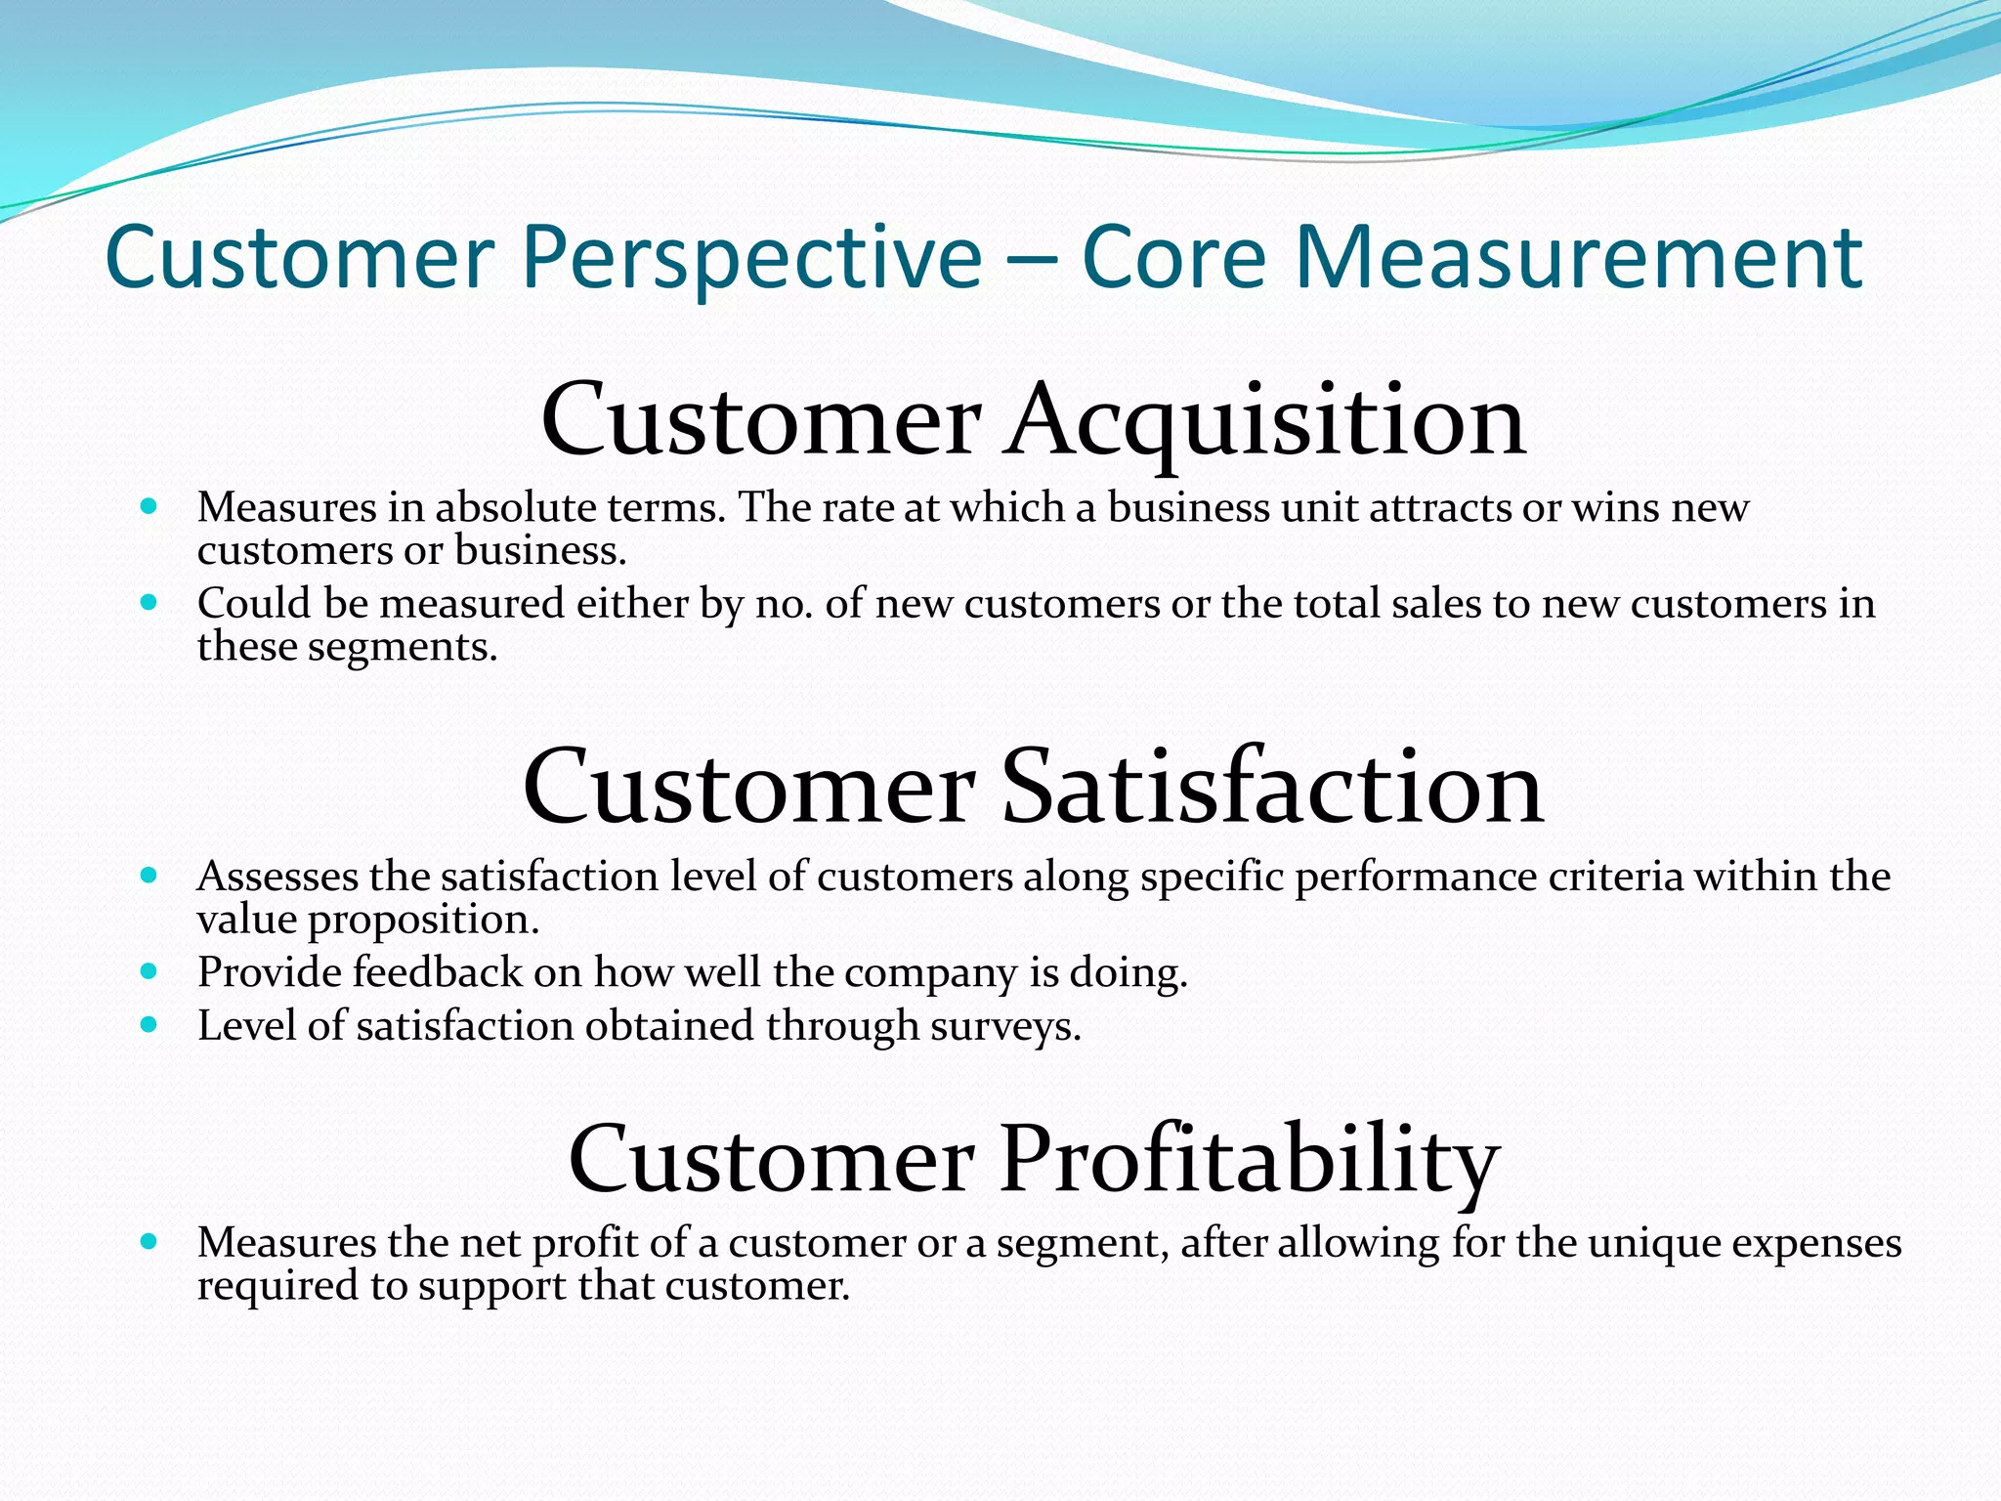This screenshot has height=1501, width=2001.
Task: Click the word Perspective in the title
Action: click(x=750, y=258)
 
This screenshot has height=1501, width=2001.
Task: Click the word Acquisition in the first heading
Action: click(x=1266, y=420)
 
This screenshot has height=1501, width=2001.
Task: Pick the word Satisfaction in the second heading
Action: click(x=1272, y=788)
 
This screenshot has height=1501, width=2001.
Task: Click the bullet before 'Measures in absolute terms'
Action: click(x=149, y=506)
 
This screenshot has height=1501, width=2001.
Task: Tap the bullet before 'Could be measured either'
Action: click(x=149, y=602)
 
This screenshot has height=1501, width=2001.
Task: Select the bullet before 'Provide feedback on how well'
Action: click(x=149, y=971)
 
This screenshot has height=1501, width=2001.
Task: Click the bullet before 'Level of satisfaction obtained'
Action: click(x=149, y=1025)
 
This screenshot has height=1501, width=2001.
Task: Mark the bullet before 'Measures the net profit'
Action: click(x=149, y=1242)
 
